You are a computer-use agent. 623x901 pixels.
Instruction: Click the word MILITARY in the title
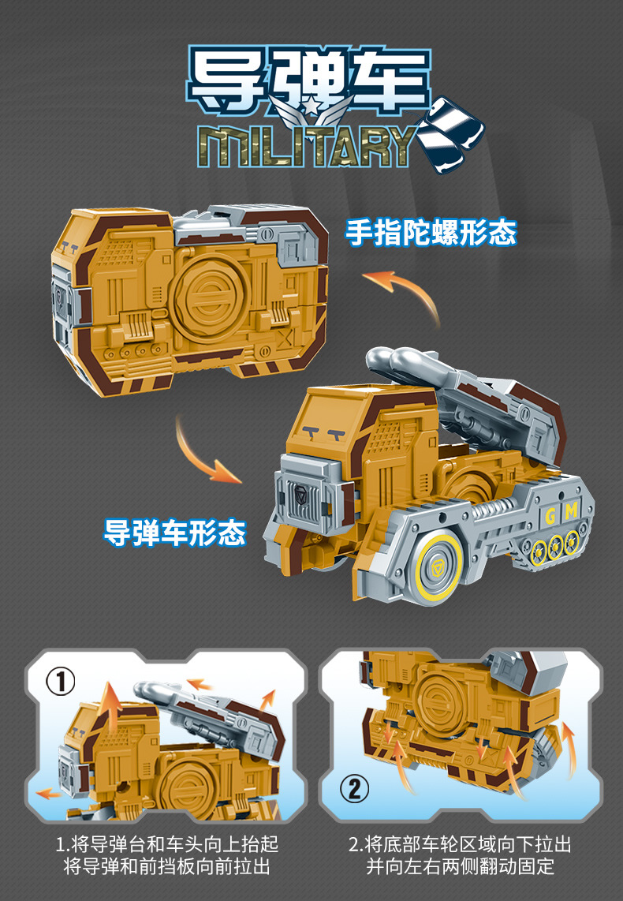(308, 146)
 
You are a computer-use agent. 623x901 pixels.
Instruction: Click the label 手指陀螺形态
(431, 232)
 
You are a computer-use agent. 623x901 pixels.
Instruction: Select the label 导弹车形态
(174, 532)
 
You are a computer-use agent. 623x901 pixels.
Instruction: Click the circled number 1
(60, 682)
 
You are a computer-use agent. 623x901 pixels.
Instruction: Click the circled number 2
(354, 788)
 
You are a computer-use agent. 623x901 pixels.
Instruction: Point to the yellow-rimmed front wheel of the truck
(438, 568)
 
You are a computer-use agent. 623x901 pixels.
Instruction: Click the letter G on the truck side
(550, 515)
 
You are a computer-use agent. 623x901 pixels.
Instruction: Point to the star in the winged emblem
(309, 106)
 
